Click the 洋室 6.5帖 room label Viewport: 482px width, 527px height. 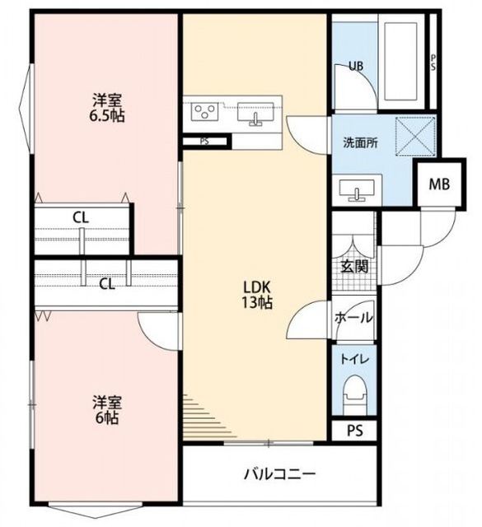coord(107,108)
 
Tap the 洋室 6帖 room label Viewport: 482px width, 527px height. coord(107,410)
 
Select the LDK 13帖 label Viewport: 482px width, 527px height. coord(257,295)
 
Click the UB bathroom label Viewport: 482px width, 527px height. coord(356,66)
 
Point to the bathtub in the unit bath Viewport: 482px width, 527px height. coord(401,61)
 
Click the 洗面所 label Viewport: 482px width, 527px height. coord(360,142)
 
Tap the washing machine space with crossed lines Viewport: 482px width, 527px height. coord(415,136)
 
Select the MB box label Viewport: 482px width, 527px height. coord(440,184)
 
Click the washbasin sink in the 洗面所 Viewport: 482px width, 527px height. coord(357,189)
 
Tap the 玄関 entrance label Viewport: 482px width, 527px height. coord(354,267)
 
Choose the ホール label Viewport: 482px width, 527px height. coord(353,317)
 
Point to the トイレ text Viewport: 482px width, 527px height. coord(355,359)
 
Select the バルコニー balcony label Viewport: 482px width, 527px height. coord(280,474)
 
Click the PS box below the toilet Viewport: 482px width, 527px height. coord(355,431)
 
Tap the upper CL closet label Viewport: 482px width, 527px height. coord(81,217)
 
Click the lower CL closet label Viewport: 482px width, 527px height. coord(107,284)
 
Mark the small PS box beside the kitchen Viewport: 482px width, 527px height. coord(205,142)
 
